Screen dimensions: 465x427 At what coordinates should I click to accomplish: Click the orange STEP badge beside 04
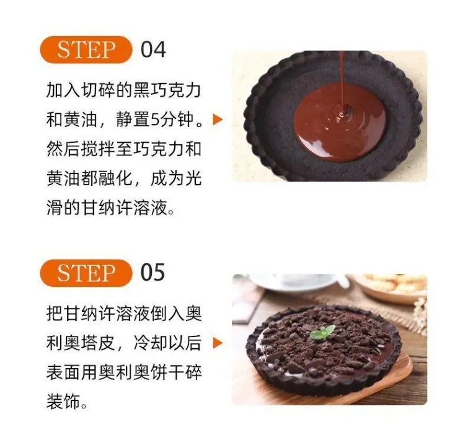pyautogui.click(x=86, y=50)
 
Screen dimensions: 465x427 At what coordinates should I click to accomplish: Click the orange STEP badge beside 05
pyautogui.click(x=86, y=273)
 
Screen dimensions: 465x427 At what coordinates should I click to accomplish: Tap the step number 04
pyautogui.click(x=153, y=50)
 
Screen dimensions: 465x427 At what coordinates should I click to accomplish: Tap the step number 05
pyautogui.click(x=153, y=273)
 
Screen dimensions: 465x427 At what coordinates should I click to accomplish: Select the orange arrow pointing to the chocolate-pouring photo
pyautogui.click(x=218, y=120)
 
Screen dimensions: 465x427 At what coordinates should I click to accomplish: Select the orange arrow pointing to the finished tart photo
pyautogui.click(x=218, y=343)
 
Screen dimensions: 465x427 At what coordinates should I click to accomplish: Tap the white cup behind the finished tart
pyautogui.click(x=296, y=283)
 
